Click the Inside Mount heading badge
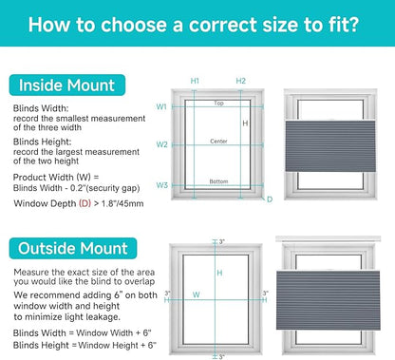click(x=67, y=85)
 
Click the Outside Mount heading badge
click(x=73, y=249)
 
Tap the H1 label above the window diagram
click(x=195, y=81)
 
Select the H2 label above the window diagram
click(x=241, y=81)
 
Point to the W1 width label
click(x=161, y=107)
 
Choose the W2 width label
click(x=161, y=144)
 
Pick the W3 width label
click(x=161, y=185)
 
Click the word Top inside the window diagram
click(x=218, y=104)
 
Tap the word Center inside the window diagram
click(x=218, y=142)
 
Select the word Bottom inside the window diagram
click(x=218, y=181)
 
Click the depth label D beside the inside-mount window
click(x=270, y=199)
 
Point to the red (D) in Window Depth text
click(x=85, y=203)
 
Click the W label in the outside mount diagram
click(x=197, y=294)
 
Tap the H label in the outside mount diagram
click(x=219, y=273)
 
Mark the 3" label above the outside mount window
click(x=222, y=242)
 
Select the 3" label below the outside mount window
click(x=221, y=357)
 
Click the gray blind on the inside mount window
click(x=330, y=146)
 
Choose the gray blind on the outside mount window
click(x=329, y=300)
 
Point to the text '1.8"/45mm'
click(x=122, y=203)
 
